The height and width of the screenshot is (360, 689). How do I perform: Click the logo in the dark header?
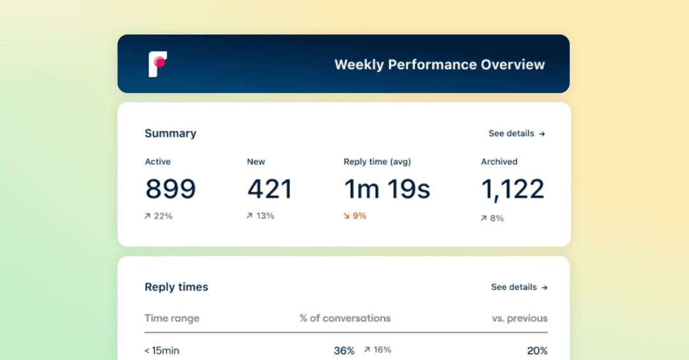(158, 64)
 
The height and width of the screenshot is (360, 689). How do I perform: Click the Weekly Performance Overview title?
(440, 64)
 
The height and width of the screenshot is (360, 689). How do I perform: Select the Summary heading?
(170, 133)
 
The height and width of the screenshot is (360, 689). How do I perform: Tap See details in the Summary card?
(516, 133)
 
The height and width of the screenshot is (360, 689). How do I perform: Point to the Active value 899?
(170, 189)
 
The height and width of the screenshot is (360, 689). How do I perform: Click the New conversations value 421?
(269, 189)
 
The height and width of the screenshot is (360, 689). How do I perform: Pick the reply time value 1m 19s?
(387, 189)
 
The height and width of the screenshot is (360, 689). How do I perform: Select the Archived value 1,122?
(512, 189)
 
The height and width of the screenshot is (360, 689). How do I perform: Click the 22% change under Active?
(159, 216)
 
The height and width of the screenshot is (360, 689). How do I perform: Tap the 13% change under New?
(260, 216)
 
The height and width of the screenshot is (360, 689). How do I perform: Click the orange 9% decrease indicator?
(355, 216)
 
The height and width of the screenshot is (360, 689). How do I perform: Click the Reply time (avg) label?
(382, 161)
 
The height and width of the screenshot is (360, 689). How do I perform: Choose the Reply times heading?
(176, 287)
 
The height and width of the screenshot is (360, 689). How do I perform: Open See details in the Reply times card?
(519, 287)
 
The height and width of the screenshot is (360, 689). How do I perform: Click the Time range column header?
(172, 318)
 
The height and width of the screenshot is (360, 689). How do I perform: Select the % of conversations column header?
(345, 318)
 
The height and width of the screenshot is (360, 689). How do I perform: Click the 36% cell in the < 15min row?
(344, 350)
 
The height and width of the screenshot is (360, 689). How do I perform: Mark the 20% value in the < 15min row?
(537, 350)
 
